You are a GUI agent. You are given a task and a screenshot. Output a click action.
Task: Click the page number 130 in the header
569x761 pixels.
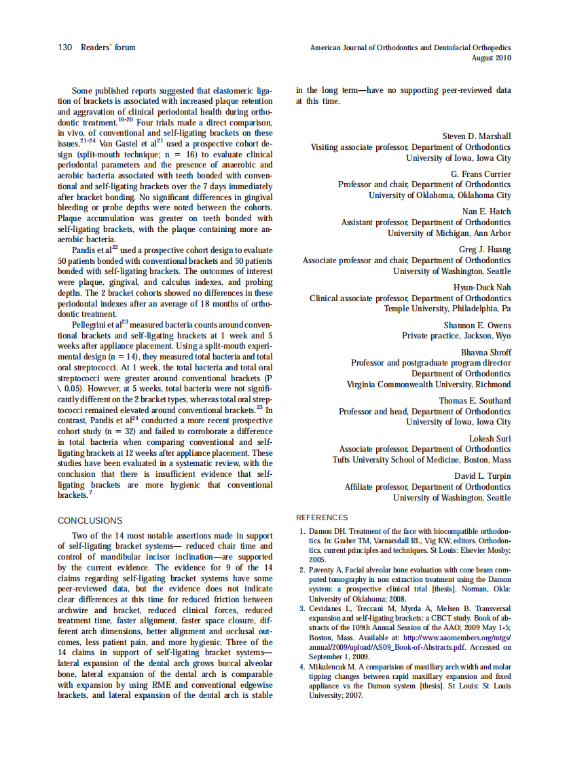coord(65,47)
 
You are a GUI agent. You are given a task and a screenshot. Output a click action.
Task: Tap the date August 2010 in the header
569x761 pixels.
coord(491,58)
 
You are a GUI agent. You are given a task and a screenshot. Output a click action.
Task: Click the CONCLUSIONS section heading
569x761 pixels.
coord(90,521)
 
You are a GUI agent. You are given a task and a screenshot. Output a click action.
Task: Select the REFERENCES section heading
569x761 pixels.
coord(322,518)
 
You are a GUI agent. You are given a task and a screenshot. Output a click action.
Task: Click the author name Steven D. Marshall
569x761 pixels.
coord(477,136)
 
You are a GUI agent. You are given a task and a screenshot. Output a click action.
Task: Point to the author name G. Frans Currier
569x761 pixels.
coord(481,174)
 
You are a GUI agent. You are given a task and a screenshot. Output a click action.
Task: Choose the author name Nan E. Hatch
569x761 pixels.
coord(486,212)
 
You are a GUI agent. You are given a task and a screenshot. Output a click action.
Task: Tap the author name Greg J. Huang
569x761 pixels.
coord(485,250)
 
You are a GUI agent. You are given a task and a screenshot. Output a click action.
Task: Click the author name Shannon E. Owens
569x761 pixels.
coord(477,326)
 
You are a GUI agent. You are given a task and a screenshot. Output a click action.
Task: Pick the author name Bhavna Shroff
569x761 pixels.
coord(486,353)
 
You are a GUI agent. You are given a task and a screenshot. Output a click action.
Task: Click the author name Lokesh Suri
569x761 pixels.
coord(490,439)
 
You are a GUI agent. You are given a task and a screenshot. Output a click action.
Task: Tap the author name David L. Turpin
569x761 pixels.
coord(482,476)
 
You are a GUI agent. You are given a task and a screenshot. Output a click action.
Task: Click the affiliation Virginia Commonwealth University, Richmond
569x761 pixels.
coord(428,385)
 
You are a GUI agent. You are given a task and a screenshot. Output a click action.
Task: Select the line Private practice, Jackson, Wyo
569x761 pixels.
coord(456,336)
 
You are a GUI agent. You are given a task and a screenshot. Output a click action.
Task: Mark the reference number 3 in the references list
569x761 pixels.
coord(302,609)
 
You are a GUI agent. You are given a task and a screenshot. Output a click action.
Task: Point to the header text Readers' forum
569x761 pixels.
coord(107,47)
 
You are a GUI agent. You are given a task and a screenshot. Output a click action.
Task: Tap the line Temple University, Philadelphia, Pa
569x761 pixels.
coord(447,309)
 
